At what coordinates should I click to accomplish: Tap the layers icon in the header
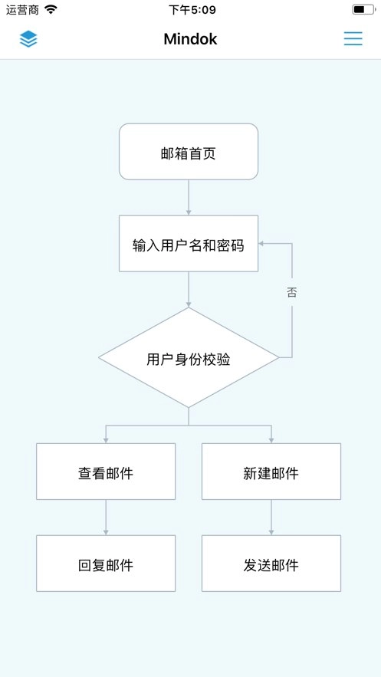click(x=28, y=39)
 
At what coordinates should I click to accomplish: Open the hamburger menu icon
click(x=353, y=39)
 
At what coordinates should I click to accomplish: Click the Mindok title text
click(x=190, y=39)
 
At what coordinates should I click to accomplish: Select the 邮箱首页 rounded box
click(x=189, y=152)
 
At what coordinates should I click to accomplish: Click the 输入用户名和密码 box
click(x=189, y=244)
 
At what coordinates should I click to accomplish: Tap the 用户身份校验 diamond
click(x=189, y=358)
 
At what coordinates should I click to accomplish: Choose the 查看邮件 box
click(x=106, y=472)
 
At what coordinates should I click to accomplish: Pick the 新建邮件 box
click(x=271, y=472)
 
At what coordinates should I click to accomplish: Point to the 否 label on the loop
click(x=292, y=292)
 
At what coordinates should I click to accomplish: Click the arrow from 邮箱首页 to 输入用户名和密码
click(x=189, y=198)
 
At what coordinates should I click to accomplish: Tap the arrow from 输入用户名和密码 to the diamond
click(x=189, y=290)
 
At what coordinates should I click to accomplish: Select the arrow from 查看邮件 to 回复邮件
click(x=106, y=518)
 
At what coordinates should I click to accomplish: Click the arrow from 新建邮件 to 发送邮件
click(x=271, y=518)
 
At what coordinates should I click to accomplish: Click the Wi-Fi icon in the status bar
click(x=51, y=10)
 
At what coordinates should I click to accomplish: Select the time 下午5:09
click(x=192, y=10)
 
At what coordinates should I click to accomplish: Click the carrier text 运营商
click(x=22, y=10)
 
